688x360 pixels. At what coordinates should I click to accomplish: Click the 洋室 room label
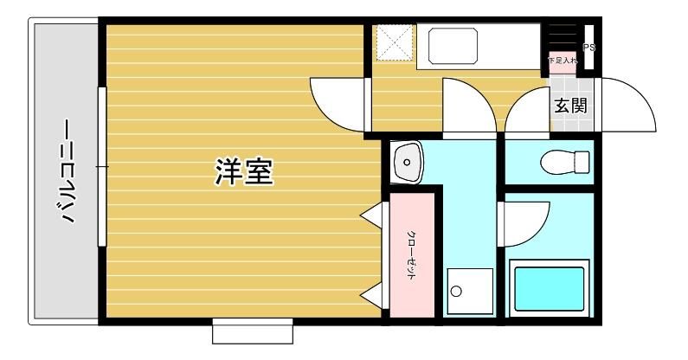click(244, 172)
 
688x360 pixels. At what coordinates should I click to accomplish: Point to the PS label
click(588, 48)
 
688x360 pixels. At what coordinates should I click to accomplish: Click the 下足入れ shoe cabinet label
click(563, 61)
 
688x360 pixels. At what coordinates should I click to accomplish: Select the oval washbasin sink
click(406, 162)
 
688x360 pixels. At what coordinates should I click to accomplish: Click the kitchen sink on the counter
click(449, 46)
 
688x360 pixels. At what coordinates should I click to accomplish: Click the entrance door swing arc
click(622, 104)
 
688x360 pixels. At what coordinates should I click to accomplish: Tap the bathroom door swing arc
click(524, 222)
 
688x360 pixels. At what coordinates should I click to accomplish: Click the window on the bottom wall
click(253, 331)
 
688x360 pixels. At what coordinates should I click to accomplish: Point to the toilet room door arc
click(523, 112)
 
